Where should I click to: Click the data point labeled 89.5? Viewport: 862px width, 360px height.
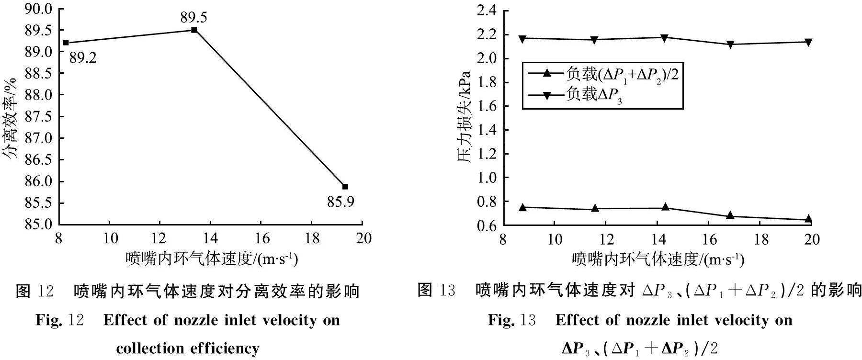194,30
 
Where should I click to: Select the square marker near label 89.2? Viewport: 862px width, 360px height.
66,43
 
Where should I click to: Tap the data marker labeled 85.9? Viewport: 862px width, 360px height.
345,186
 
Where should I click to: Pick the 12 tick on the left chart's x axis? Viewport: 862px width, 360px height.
160,238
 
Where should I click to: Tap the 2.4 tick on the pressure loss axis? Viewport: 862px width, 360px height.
487,11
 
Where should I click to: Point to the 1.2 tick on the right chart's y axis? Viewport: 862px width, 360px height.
487,154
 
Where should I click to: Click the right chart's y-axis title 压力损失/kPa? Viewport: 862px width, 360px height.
464,117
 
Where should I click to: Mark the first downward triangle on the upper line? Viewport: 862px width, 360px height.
522,38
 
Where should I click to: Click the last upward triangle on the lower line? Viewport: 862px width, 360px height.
809,219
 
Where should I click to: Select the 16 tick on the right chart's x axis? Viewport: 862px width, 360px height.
709,239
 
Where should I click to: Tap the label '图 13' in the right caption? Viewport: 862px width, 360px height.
436,290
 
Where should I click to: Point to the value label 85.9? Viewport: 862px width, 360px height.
341,202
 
